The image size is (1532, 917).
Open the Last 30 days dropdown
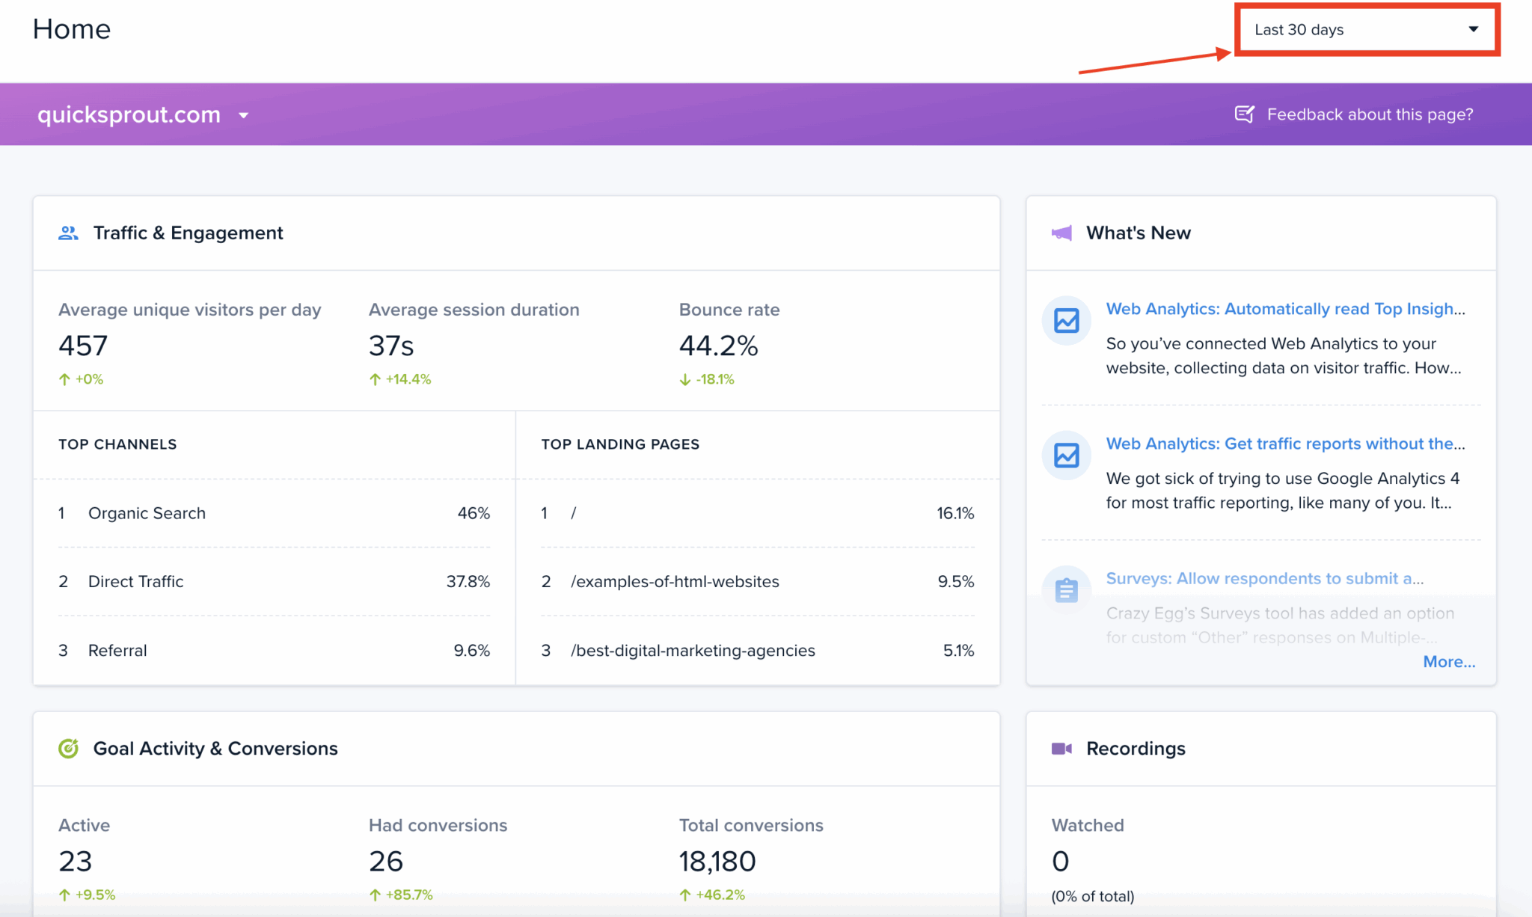(1366, 30)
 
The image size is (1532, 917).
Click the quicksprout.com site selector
(142, 114)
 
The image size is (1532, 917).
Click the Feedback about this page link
(1368, 114)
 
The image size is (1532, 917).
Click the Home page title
(72, 29)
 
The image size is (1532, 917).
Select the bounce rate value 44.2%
(718, 346)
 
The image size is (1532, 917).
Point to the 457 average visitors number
(83, 346)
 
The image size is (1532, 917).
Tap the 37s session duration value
(391, 346)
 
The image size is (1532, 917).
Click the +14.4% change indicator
(408, 379)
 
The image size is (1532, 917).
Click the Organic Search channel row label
(147, 513)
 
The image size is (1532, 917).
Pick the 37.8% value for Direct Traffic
(468, 581)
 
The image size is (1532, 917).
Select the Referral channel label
(117, 650)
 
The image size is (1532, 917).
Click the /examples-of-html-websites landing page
(675, 581)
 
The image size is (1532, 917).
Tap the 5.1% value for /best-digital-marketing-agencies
(958, 650)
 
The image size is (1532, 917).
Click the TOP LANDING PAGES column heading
(620, 444)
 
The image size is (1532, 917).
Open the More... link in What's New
(1448, 662)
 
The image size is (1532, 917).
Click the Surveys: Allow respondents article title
(1264, 578)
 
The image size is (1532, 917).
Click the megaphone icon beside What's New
(1061, 233)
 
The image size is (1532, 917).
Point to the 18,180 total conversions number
(717, 861)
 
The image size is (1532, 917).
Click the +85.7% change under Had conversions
(408, 895)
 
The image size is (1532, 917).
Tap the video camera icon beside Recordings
(1061, 749)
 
